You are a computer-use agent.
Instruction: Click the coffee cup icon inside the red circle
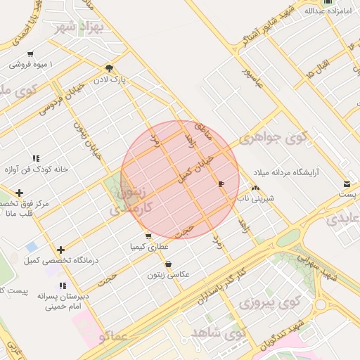pyautogui.click(x=221, y=184)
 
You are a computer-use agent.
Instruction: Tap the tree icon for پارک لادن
pyautogui.click(x=109, y=68)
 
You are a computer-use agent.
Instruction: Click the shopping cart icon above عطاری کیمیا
pyautogui.click(x=148, y=236)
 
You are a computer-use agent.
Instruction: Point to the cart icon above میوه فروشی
pyautogui.click(x=30, y=54)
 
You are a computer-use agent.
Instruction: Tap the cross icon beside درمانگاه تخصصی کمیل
pyautogui.click(x=62, y=250)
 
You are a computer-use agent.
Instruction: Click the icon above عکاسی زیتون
pyautogui.click(x=169, y=264)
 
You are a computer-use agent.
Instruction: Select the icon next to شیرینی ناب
pyautogui.click(x=255, y=188)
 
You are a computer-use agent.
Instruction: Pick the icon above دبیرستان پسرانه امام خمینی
pyautogui.click(x=63, y=285)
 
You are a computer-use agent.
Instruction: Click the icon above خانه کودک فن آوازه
pyautogui.click(x=35, y=158)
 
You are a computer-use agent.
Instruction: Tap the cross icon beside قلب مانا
pyautogui.click(x=19, y=193)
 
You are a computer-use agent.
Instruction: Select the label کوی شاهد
pyautogui.click(x=218, y=331)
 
